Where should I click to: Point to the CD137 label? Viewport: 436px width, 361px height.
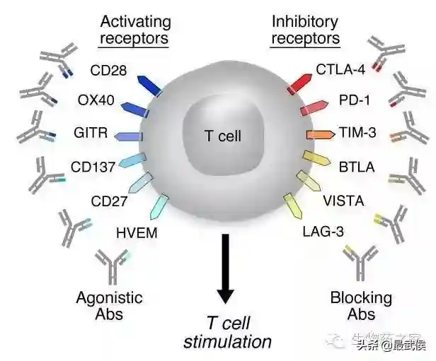93,167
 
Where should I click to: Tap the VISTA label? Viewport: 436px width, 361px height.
343,201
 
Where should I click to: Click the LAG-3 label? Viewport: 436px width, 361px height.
320,231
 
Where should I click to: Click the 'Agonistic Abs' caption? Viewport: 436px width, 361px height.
109,306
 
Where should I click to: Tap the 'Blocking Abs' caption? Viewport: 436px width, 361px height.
361,306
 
